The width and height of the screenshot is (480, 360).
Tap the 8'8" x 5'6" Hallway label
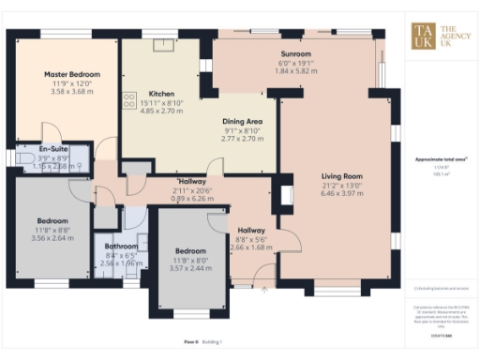[250, 239]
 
